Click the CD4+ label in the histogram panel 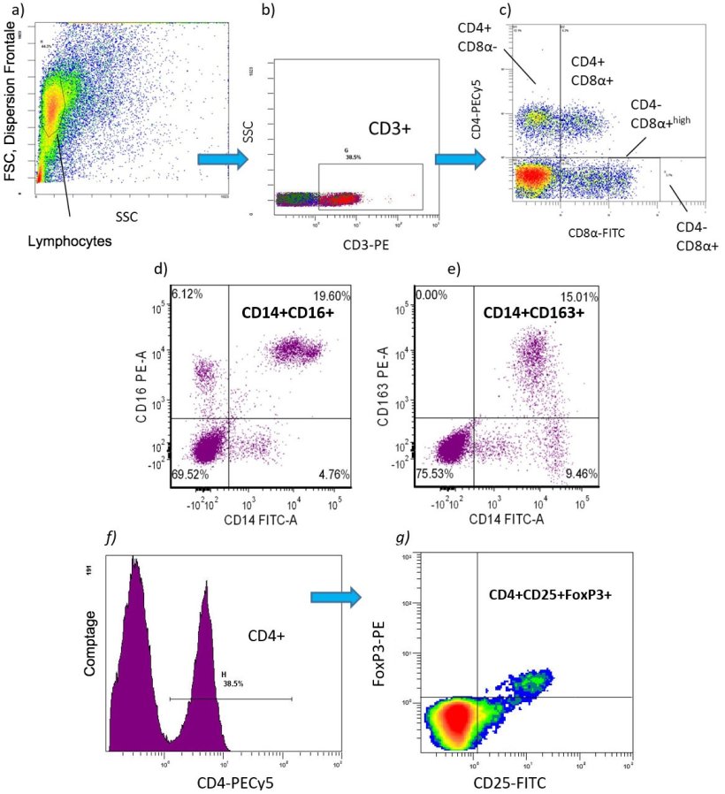tap(264, 632)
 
